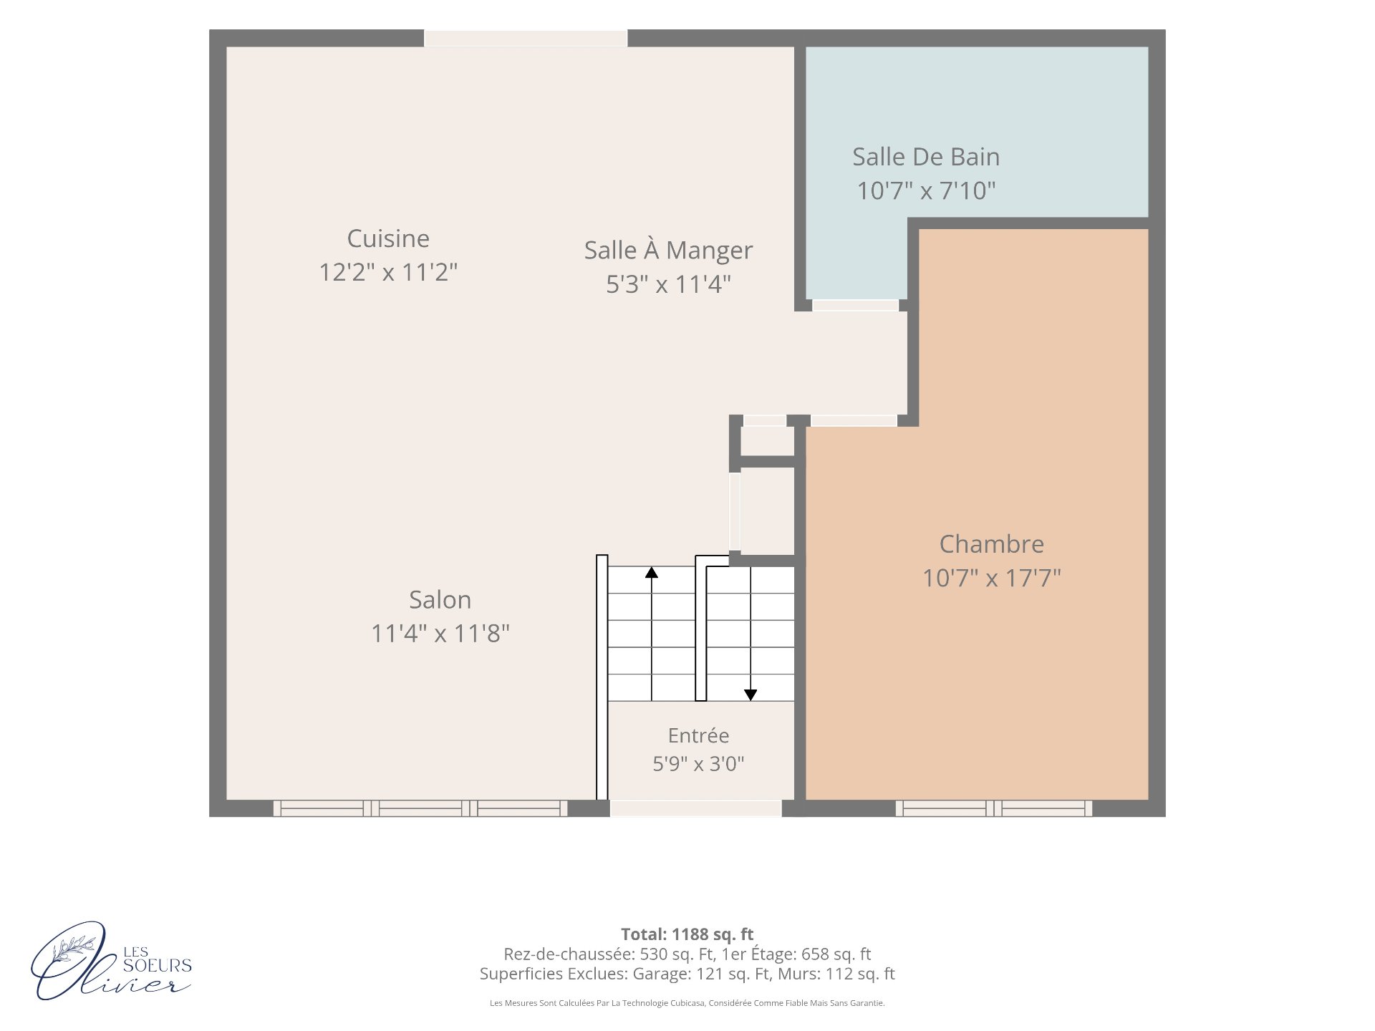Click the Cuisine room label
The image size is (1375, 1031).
(388, 238)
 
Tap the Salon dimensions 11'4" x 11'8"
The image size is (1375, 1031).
(440, 634)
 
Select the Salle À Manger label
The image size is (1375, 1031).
(668, 250)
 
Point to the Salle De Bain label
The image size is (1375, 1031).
(926, 157)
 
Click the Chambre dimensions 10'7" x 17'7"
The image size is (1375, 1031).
(992, 578)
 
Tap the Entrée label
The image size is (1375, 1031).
(698, 735)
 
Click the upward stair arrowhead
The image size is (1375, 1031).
(652, 572)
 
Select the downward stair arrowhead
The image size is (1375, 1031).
(751, 694)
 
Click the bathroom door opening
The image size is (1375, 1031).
(855, 306)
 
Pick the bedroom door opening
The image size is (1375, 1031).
(854, 421)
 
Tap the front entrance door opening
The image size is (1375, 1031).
(695, 808)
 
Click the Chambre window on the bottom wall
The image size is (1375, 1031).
(994, 808)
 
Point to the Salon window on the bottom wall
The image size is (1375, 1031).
(420, 808)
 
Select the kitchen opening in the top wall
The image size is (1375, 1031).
(526, 39)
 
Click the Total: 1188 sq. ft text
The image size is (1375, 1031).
(687, 934)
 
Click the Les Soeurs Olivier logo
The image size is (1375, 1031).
(111, 961)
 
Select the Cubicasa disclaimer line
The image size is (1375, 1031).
(687, 1003)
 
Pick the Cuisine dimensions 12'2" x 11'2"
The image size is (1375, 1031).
(388, 273)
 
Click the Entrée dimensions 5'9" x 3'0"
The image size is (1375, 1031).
(698, 764)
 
